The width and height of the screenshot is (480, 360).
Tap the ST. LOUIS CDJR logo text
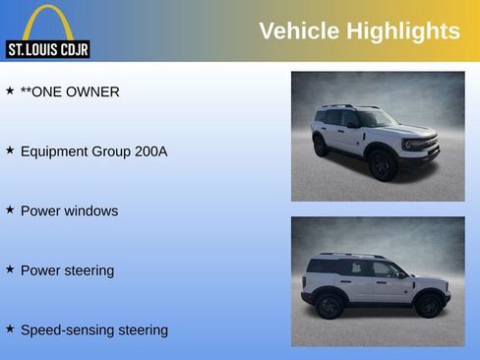click(x=47, y=48)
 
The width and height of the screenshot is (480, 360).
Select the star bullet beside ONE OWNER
click(x=10, y=90)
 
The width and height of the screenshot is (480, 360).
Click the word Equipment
click(x=59, y=151)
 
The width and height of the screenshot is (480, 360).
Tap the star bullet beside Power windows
click(x=10, y=210)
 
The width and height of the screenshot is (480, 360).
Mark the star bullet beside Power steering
click(x=10, y=269)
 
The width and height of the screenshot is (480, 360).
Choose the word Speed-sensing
click(x=67, y=330)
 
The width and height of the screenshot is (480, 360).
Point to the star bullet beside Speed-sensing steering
click(x=10, y=328)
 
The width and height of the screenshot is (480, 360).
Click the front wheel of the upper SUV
click(x=383, y=163)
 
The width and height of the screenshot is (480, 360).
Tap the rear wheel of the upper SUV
click(x=321, y=147)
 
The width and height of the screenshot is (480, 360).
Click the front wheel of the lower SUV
click(x=428, y=305)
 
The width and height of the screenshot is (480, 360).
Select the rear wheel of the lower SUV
click(x=330, y=306)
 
